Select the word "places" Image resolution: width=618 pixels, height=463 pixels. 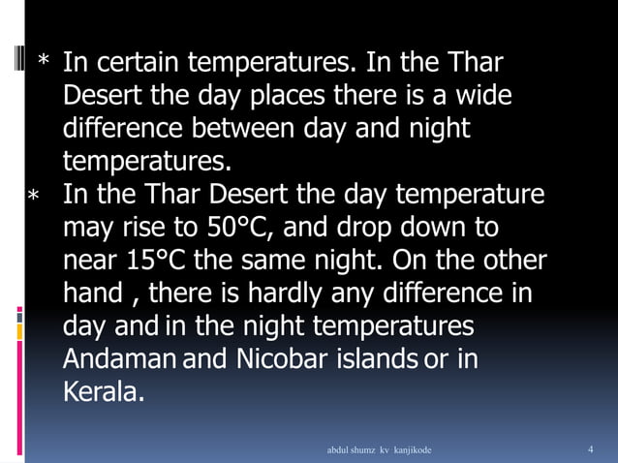pos(296,97)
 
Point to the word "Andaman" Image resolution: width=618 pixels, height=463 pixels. pos(120,359)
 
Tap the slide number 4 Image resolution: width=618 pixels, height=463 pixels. pos(591,449)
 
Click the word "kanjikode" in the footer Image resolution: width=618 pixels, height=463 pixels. pos(410,450)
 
